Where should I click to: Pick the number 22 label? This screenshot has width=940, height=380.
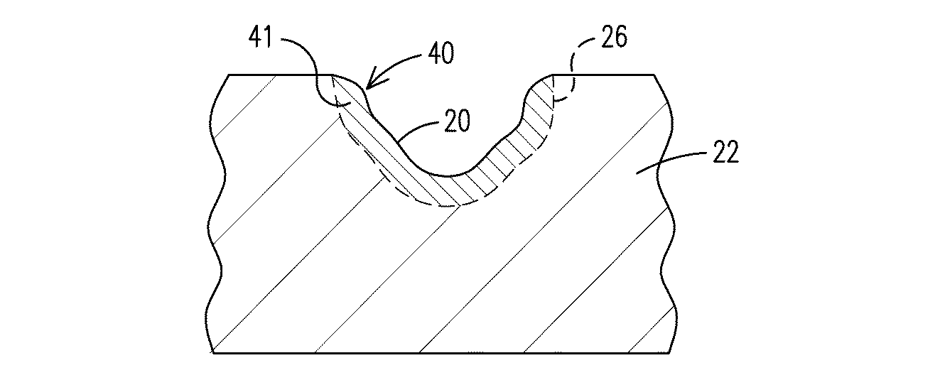pyautogui.click(x=724, y=152)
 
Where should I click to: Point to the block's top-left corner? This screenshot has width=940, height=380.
pyautogui.click(x=227, y=75)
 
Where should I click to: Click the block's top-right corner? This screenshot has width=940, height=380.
pyautogui.click(x=654, y=75)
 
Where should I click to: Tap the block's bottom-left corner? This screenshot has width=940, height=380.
pyautogui.click(x=212, y=353)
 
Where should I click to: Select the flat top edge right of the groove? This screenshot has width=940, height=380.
pyautogui.click(x=604, y=75)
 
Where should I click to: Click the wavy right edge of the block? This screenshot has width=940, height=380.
pyautogui.click(x=666, y=213)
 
